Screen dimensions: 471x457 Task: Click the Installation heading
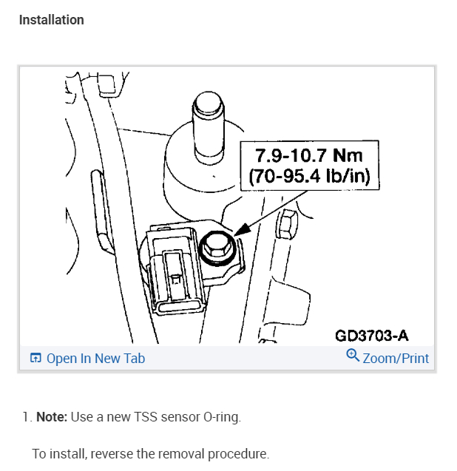pyautogui.click(x=51, y=20)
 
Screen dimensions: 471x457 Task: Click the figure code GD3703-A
pyautogui.click(x=371, y=336)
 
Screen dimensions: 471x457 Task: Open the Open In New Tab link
pyautogui.click(x=95, y=359)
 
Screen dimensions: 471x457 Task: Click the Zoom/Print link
pyautogui.click(x=396, y=359)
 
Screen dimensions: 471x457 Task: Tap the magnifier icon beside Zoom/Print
pyautogui.click(x=353, y=356)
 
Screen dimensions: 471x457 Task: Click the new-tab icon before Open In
pyautogui.click(x=35, y=359)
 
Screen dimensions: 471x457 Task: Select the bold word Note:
pyautogui.click(x=52, y=417)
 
